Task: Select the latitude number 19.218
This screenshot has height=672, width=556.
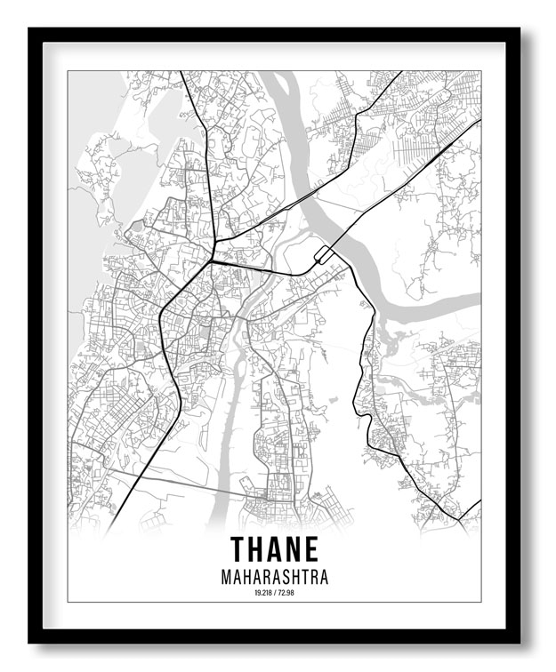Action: click(x=262, y=593)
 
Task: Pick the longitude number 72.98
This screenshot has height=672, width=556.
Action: click(x=286, y=593)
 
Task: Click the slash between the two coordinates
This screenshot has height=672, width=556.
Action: click(x=275, y=593)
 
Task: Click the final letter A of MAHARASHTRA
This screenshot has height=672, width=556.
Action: click(x=323, y=577)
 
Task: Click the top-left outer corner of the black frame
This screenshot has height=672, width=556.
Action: click(x=28, y=28)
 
